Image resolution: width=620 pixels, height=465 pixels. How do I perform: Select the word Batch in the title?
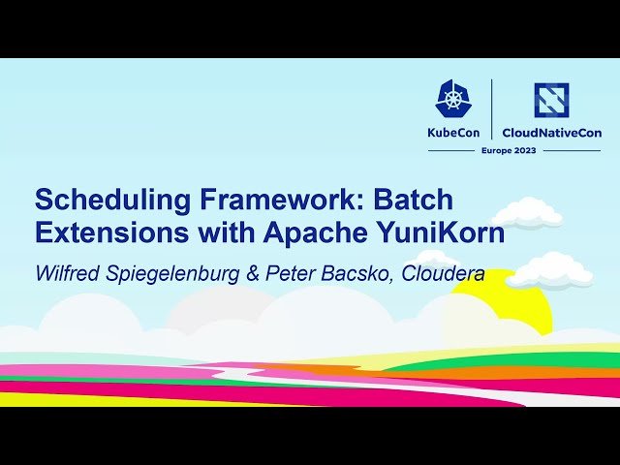click(414, 201)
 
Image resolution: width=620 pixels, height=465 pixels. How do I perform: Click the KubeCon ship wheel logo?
click(454, 99)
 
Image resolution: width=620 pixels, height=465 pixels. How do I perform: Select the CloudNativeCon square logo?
click(551, 100)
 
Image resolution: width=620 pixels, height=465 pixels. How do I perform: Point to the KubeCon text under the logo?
click(454, 132)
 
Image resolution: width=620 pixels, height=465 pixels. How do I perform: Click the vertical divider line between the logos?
click(492, 108)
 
